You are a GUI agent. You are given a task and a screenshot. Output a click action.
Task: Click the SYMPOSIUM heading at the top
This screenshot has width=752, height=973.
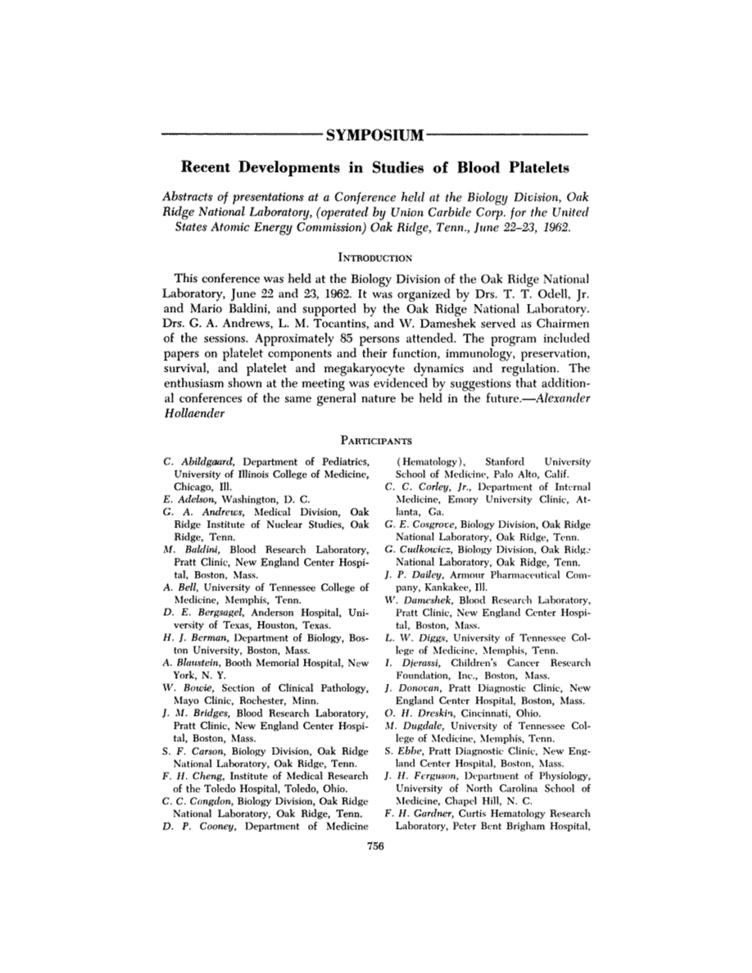(375, 134)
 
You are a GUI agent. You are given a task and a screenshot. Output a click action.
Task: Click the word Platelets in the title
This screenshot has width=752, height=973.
(525, 168)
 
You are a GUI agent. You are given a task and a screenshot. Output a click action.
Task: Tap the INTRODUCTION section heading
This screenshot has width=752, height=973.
(375, 256)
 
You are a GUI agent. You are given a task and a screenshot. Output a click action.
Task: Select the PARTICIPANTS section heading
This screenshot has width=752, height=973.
(375, 440)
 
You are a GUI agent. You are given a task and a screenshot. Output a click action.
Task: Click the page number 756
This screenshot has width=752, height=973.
(375, 846)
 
